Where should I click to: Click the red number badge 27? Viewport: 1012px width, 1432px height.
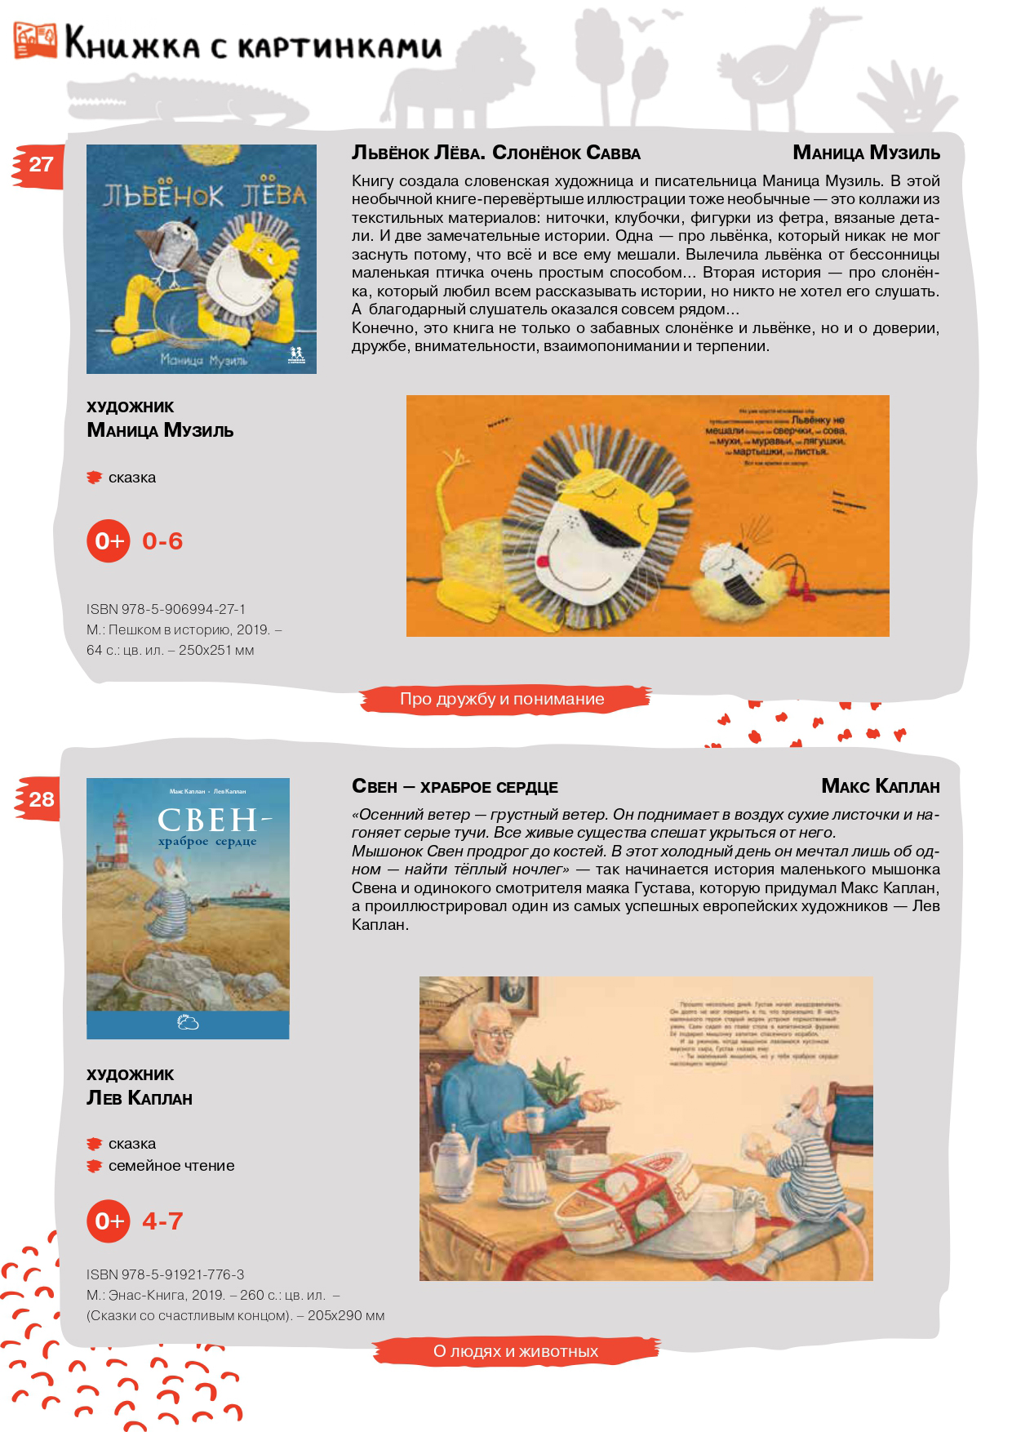click(x=39, y=165)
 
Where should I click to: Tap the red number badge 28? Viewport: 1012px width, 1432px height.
click(x=39, y=799)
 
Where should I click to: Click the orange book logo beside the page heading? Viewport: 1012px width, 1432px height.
click(x=35, y=41)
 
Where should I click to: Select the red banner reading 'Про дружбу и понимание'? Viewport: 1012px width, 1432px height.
click(x=502, y=699)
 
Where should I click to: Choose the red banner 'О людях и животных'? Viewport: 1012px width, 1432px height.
click(x=516, y=1351)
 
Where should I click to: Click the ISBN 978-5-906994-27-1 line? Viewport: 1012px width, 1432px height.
click(x=166, y=609)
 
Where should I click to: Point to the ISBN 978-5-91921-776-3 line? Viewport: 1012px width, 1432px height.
click(x=165, y=1274)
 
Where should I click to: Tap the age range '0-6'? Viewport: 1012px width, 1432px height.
click(x=162, y=540)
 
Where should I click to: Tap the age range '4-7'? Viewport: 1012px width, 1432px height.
click(x=162, y=1221)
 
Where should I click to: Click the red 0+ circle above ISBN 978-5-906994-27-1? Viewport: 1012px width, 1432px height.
click(x=109, y=540)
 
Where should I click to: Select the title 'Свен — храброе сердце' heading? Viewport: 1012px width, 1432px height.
click(x=455, y=787)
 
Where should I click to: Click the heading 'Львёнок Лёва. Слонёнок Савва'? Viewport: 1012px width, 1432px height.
click(x=495, y=153)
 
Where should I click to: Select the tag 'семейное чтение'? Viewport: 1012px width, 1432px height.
click(x=171, y=1166)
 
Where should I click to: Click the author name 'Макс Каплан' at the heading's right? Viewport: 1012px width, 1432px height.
click(x=880, y=787)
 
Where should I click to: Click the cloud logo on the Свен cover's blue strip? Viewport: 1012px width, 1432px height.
click(x=188, y=1022)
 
